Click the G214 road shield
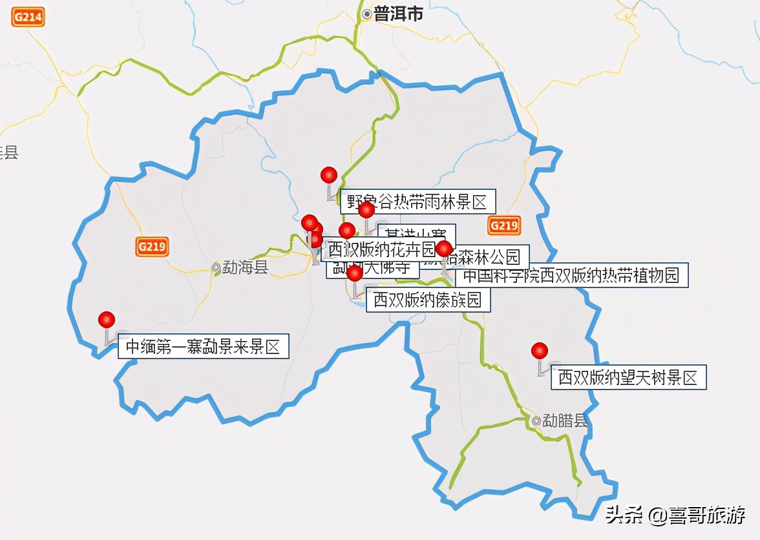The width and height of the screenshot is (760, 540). coord(28,17)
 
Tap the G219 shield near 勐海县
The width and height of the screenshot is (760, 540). coord(153,247)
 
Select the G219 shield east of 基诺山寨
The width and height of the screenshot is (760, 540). coord(503,225)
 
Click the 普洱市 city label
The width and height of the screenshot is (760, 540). coord(398,14)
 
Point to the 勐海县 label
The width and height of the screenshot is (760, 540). coord(245,267)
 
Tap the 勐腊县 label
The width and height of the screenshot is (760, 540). coord(565,421)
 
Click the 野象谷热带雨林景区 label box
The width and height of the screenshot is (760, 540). coord(417,202)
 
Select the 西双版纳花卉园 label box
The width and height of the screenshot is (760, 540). coord(381,249)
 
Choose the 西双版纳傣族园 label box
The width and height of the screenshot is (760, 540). coord(428,300)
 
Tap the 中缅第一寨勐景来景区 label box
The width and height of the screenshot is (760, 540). coord(203,347)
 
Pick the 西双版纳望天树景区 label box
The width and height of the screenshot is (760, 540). coord(628,378)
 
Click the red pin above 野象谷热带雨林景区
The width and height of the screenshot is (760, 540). coord(329,174)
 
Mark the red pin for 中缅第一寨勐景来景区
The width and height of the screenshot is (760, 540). coord(107,319)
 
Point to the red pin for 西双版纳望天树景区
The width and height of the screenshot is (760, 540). coord(540,351)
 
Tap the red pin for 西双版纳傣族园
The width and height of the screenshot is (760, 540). coord(355,274)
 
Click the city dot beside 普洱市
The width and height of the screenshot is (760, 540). coord(367,14)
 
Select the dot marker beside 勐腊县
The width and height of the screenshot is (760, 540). coord(536,421)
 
